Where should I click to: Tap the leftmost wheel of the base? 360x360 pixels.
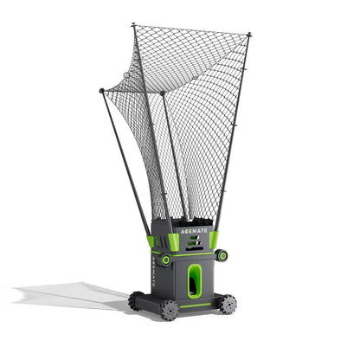(136, 300)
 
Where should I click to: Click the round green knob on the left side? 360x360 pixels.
(164, 259)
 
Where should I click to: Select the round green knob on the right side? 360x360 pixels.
(223, 254)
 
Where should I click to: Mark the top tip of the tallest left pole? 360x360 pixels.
(133, 25)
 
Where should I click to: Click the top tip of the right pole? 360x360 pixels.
(249, 34)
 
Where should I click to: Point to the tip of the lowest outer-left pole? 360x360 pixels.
(101, 90)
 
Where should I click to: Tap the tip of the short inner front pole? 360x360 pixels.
(163, 93)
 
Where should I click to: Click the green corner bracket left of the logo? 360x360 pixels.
(161, 241)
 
